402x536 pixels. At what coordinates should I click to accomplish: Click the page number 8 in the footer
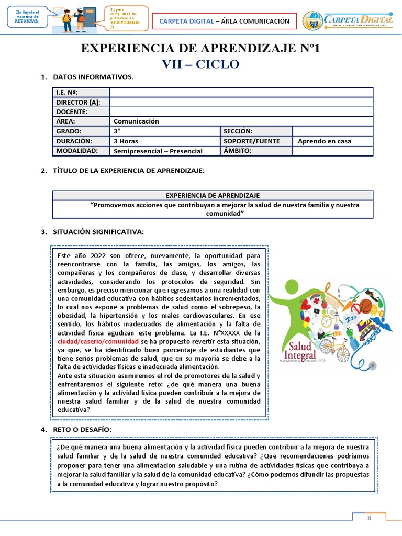point(369,518)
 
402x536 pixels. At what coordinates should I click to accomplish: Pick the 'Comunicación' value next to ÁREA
point(136,121)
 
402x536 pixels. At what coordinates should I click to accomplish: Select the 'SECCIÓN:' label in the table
point(238,131)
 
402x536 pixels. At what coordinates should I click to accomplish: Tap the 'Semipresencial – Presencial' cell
point(158,151)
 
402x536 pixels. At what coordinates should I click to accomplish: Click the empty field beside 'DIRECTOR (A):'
point(241,102)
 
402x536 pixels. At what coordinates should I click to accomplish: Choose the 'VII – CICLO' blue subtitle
point(201,64)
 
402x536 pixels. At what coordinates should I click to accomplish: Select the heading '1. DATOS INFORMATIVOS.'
point(87,77)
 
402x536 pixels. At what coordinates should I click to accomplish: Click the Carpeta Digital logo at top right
point(348,20)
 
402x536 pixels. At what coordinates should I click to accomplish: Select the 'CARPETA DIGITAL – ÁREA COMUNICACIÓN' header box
point(224,21)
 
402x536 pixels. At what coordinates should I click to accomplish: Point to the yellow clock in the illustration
point(327,320)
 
